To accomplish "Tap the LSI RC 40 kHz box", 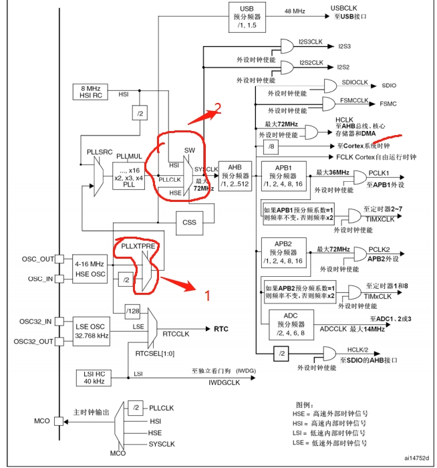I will tap(94, 378).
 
